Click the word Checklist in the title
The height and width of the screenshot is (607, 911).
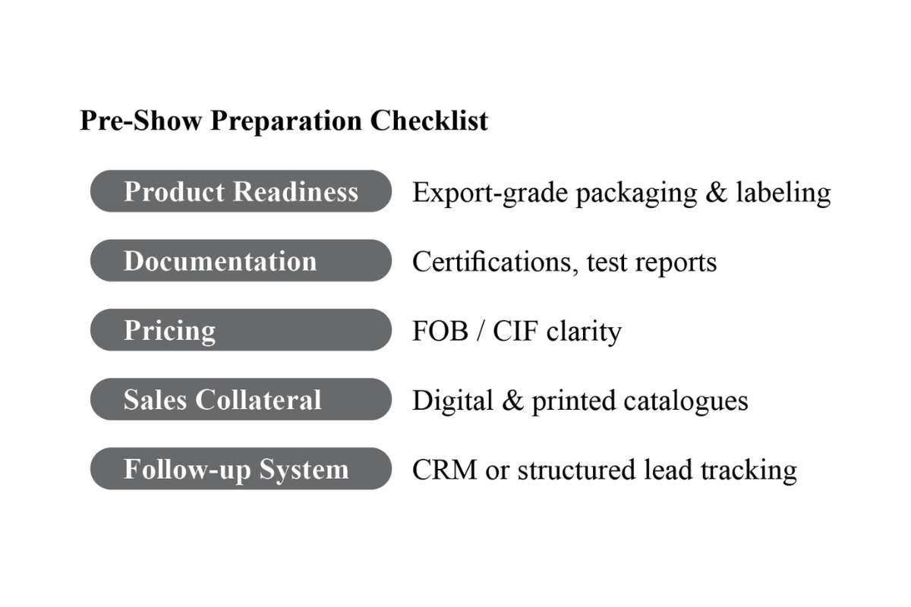click(429, 121)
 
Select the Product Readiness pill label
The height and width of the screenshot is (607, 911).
click(241, 191)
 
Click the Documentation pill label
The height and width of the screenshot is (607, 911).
click(241, 260)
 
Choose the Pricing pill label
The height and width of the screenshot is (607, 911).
click(241, 330)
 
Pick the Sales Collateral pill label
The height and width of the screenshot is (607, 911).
click(241, 399)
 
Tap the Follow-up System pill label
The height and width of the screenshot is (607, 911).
click(241, 469)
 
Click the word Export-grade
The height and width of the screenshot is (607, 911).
click(490, 193)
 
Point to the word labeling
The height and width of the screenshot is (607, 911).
click(783, 193)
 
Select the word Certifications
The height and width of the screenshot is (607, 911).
click(495, 262)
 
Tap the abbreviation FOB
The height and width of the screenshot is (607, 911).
click(440, 331)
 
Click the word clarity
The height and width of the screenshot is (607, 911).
click(584, 332)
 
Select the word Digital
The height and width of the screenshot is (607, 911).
click(452, 401)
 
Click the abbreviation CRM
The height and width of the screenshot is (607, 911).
click(445, 470)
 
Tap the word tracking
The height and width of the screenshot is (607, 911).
click(749, 471)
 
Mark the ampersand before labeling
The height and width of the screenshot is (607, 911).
click(717, 192)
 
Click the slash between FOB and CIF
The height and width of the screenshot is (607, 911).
click(481, 332)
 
